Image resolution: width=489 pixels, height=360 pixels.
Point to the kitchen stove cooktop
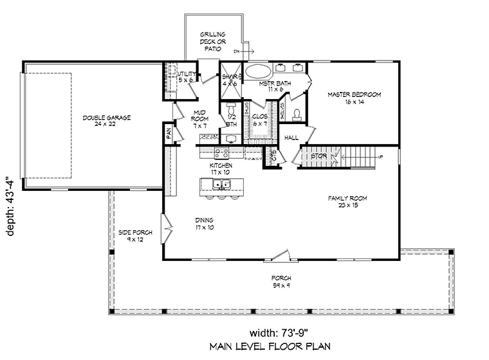(221, 153)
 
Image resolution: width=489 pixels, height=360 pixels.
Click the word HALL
(292, 138)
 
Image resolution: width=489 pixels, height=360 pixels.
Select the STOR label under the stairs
(319, 156)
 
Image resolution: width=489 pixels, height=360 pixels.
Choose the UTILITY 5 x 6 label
(186, 78)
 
